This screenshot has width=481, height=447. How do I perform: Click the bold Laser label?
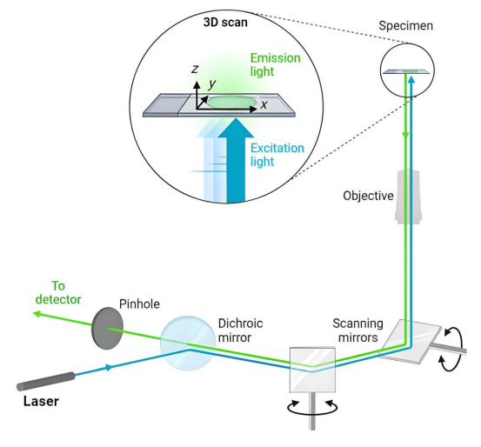(41, 401)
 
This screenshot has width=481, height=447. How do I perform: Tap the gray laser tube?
(45, 382)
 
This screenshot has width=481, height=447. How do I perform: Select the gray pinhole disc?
(107, 328)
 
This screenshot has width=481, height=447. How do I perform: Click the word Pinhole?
(139, 304)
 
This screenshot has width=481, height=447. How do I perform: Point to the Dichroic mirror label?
(240, 330)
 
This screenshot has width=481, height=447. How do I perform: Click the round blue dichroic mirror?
(188, 343)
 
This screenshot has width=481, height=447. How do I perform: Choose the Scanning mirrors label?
(358, 330)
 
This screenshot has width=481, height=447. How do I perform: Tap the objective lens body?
(408, 197)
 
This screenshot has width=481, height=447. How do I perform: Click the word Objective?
(368, 196)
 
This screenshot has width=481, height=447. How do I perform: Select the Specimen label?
(405, 26)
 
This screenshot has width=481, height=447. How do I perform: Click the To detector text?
(58, 293)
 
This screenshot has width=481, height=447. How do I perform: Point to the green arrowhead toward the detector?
(37, 314)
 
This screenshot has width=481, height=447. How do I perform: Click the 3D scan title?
(225, 23)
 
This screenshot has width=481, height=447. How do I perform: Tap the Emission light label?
(275, 64)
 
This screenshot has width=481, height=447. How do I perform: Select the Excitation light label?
(277, 155)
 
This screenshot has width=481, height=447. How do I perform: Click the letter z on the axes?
(195, 69)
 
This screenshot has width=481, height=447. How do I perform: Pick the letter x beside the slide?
(264, 105)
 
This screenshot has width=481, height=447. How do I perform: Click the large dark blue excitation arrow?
(236, 160)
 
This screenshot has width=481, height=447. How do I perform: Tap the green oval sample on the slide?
(232, 102)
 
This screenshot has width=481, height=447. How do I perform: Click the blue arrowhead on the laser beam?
(109, 368)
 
